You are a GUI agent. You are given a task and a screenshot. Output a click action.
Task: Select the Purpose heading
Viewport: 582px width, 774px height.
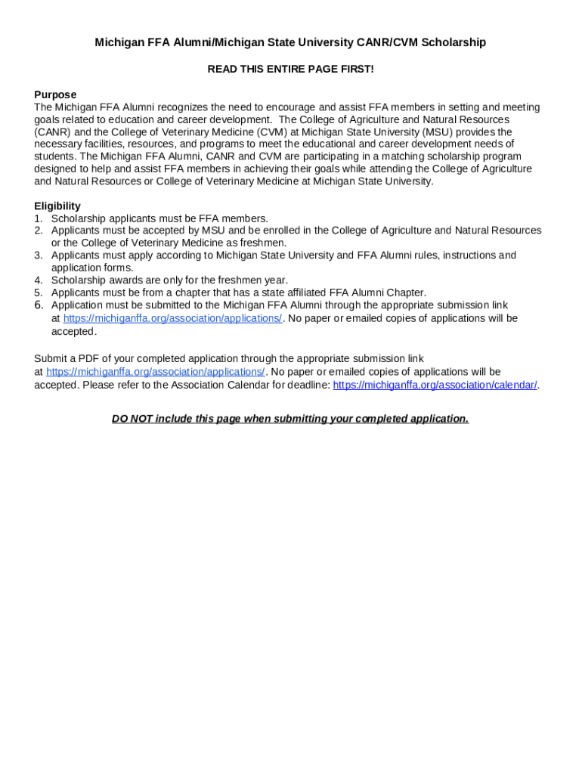point(55,94)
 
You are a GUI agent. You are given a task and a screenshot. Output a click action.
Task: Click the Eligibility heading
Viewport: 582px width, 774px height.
point(57,206)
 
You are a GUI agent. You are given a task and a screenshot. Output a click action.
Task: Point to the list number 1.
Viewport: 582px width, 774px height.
point(38,218)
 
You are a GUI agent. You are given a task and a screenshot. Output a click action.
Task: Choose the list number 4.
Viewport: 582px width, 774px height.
point(38,280)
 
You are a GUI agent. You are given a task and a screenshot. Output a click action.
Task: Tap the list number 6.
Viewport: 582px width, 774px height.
point(38,305)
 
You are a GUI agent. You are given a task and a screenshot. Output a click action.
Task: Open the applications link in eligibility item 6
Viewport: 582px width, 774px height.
point(172,318)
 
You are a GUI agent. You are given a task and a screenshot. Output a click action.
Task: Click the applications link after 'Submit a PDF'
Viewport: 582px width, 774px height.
point(155,372)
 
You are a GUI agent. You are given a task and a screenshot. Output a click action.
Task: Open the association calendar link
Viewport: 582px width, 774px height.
point(435,385)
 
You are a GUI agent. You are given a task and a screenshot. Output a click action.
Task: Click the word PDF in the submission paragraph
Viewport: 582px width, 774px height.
point(99,358)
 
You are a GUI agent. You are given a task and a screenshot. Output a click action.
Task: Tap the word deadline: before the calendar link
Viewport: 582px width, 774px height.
point(308,385)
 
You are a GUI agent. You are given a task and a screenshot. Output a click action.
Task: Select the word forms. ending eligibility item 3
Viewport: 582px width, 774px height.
point(118,268)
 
